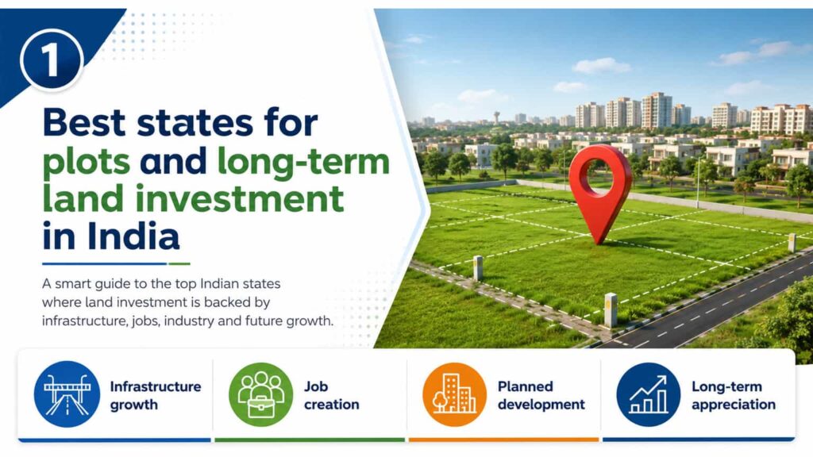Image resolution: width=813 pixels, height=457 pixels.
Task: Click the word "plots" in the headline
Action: coord(86,160)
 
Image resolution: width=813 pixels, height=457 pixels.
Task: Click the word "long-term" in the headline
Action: coord(303,162)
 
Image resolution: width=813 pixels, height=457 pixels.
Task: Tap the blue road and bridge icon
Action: coord(67,394)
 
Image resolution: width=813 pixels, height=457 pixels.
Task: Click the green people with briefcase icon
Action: coord(260,394)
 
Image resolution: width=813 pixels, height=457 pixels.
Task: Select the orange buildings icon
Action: coord(455,394)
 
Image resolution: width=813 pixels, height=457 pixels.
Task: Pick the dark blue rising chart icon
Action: coord(648,394)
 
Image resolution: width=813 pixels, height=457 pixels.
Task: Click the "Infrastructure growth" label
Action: coord(156,395)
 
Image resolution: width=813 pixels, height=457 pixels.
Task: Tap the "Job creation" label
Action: coord(331,395)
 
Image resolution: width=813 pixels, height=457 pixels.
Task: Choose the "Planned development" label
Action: coord(541,395)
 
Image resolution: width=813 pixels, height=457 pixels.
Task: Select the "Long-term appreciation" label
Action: coord(734,395)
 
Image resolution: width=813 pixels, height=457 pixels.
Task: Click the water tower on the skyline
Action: coord(497,117)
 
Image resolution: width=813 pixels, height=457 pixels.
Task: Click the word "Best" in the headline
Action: coord(84,123)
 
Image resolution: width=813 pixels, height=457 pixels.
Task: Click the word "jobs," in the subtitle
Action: coord(146,321)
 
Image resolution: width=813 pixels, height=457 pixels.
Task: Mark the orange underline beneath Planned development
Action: coord(503,440)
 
